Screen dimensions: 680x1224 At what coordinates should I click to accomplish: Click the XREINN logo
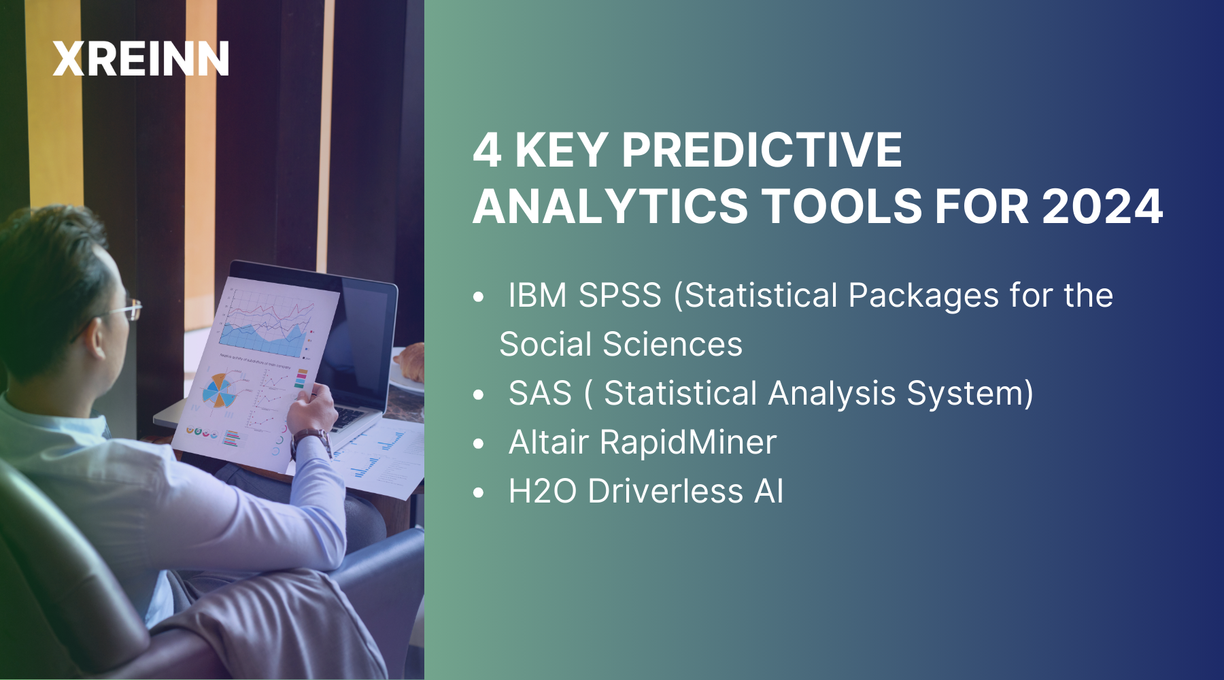[x=141, y=58]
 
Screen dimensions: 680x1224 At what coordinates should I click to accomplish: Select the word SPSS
[x=619, y=296]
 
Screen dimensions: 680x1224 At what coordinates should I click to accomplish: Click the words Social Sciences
[x=620, y=344]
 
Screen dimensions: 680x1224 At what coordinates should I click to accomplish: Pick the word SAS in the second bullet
[x=540, y=393]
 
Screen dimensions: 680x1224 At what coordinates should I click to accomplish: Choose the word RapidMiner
[x=687, y=442]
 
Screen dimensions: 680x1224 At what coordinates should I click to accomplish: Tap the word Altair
[x=548, y=442]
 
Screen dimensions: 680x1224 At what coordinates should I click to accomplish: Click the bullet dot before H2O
[x=479, y=492]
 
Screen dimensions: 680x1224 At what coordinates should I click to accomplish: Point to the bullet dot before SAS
[x=479, y=394]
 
